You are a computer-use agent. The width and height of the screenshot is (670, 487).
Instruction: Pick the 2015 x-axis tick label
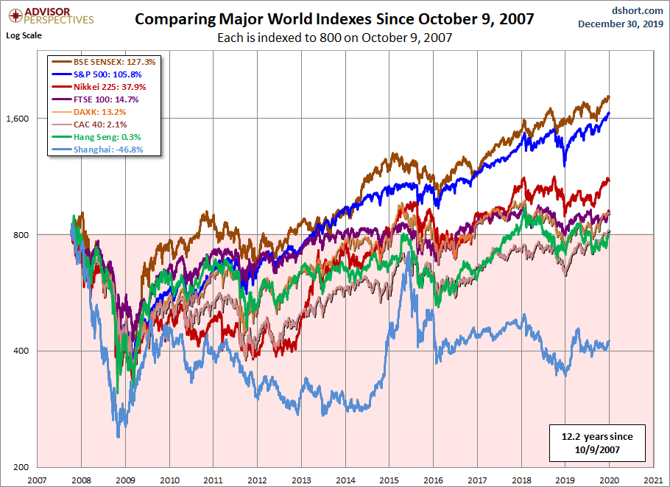(x=389, y=479)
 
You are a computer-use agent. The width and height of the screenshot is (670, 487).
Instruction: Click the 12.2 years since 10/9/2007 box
(x=596, y=441)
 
